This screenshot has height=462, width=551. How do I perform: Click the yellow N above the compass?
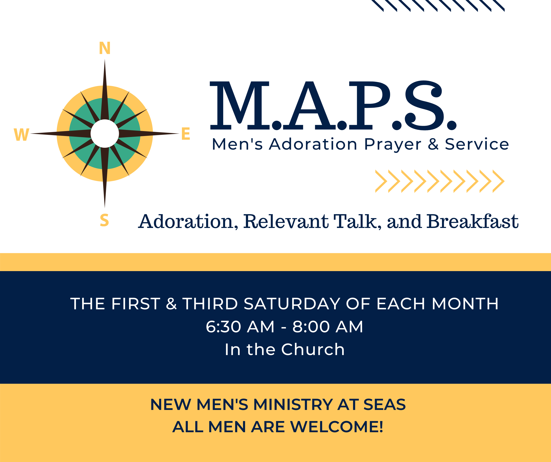click(x=105, y=48)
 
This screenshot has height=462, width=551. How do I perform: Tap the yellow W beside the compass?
click(x=21, y=134)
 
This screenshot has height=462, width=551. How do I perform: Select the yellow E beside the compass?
click(x=185, y=134)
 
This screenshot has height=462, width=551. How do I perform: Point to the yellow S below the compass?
click(x=104, y=220)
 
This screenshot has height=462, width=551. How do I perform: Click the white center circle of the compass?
click(x=105, y=133)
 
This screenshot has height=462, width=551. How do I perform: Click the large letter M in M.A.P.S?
click(x=240, y=106)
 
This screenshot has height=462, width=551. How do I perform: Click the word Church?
click(x=313, y=349)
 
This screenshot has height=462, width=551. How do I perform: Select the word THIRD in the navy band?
click(x=210, y=304)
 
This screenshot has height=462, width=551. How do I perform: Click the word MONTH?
click(x=465, y=304)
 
